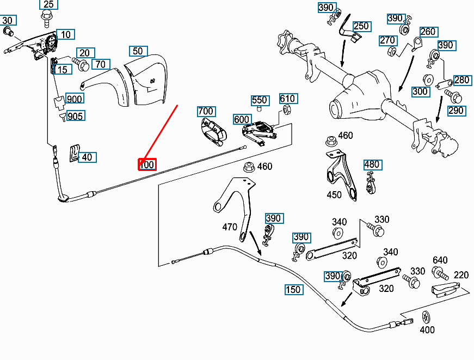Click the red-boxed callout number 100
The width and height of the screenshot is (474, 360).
coord(147,164)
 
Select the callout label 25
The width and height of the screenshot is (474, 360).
coord(48,5)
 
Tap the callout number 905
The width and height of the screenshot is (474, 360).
coord(75,115)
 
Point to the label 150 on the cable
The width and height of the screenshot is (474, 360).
coord(293,290)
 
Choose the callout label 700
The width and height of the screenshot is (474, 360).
coord(206,112)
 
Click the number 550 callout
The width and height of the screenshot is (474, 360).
coord(260,100)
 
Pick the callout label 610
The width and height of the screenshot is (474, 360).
coord(287,99)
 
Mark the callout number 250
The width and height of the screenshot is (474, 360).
coord(361,26)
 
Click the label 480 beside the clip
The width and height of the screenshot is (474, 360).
coord(372,164)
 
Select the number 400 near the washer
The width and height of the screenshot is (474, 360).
coord(427,330)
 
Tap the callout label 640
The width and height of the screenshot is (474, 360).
coord(440,260)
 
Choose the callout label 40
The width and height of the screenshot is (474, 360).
coord(86,157)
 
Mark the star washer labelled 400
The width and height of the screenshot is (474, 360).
coord(426,317)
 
